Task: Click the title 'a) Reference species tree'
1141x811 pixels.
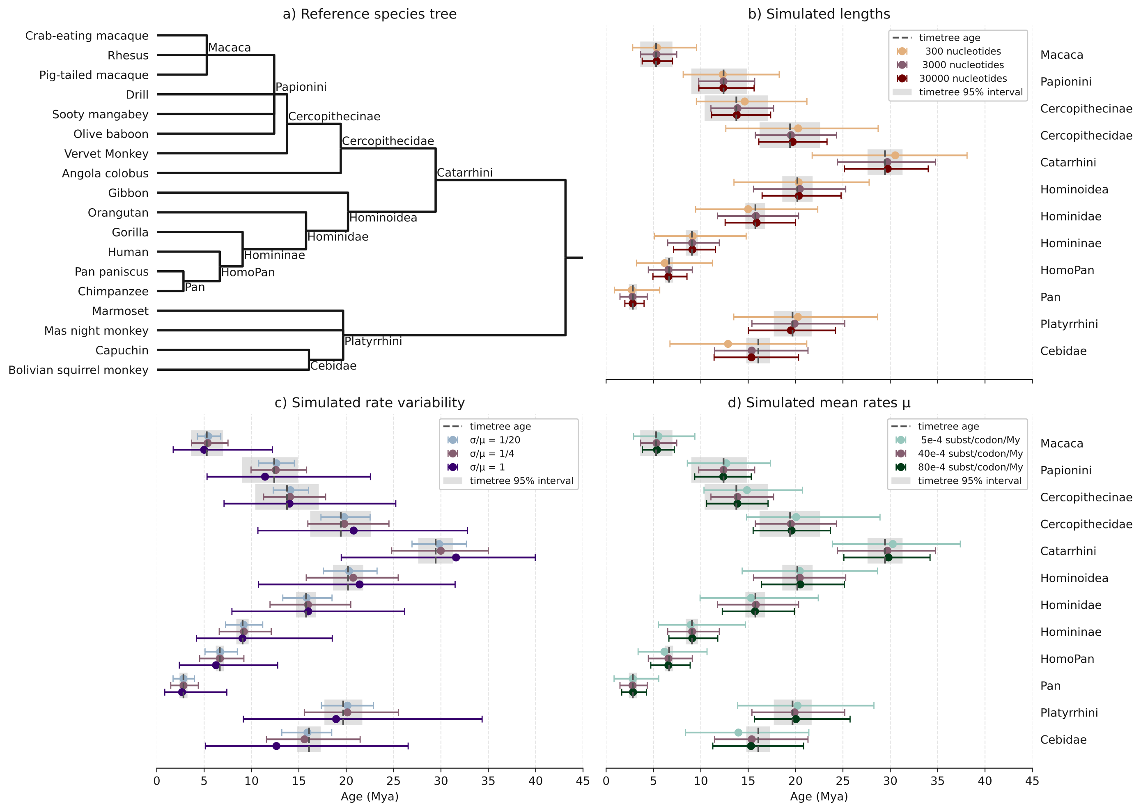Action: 370,14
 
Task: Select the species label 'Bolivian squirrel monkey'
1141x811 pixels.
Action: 78,370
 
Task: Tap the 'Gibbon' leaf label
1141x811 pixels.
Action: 129,193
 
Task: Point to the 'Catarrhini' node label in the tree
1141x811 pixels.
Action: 464,173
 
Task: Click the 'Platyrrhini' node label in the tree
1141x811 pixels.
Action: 373,341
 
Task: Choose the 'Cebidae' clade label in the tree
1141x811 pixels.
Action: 333,366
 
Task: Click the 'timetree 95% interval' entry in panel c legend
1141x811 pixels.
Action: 508,481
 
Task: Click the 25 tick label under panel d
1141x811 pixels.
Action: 843,781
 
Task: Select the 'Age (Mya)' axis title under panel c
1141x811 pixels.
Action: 370,797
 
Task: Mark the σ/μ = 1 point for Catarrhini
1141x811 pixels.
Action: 456,558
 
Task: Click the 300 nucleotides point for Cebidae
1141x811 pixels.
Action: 728,344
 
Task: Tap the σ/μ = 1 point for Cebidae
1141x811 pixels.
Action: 276,746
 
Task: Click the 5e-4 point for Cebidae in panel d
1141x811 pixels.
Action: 738,733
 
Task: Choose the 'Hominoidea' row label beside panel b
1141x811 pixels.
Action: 1074,190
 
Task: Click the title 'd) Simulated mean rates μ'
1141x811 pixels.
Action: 819,403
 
